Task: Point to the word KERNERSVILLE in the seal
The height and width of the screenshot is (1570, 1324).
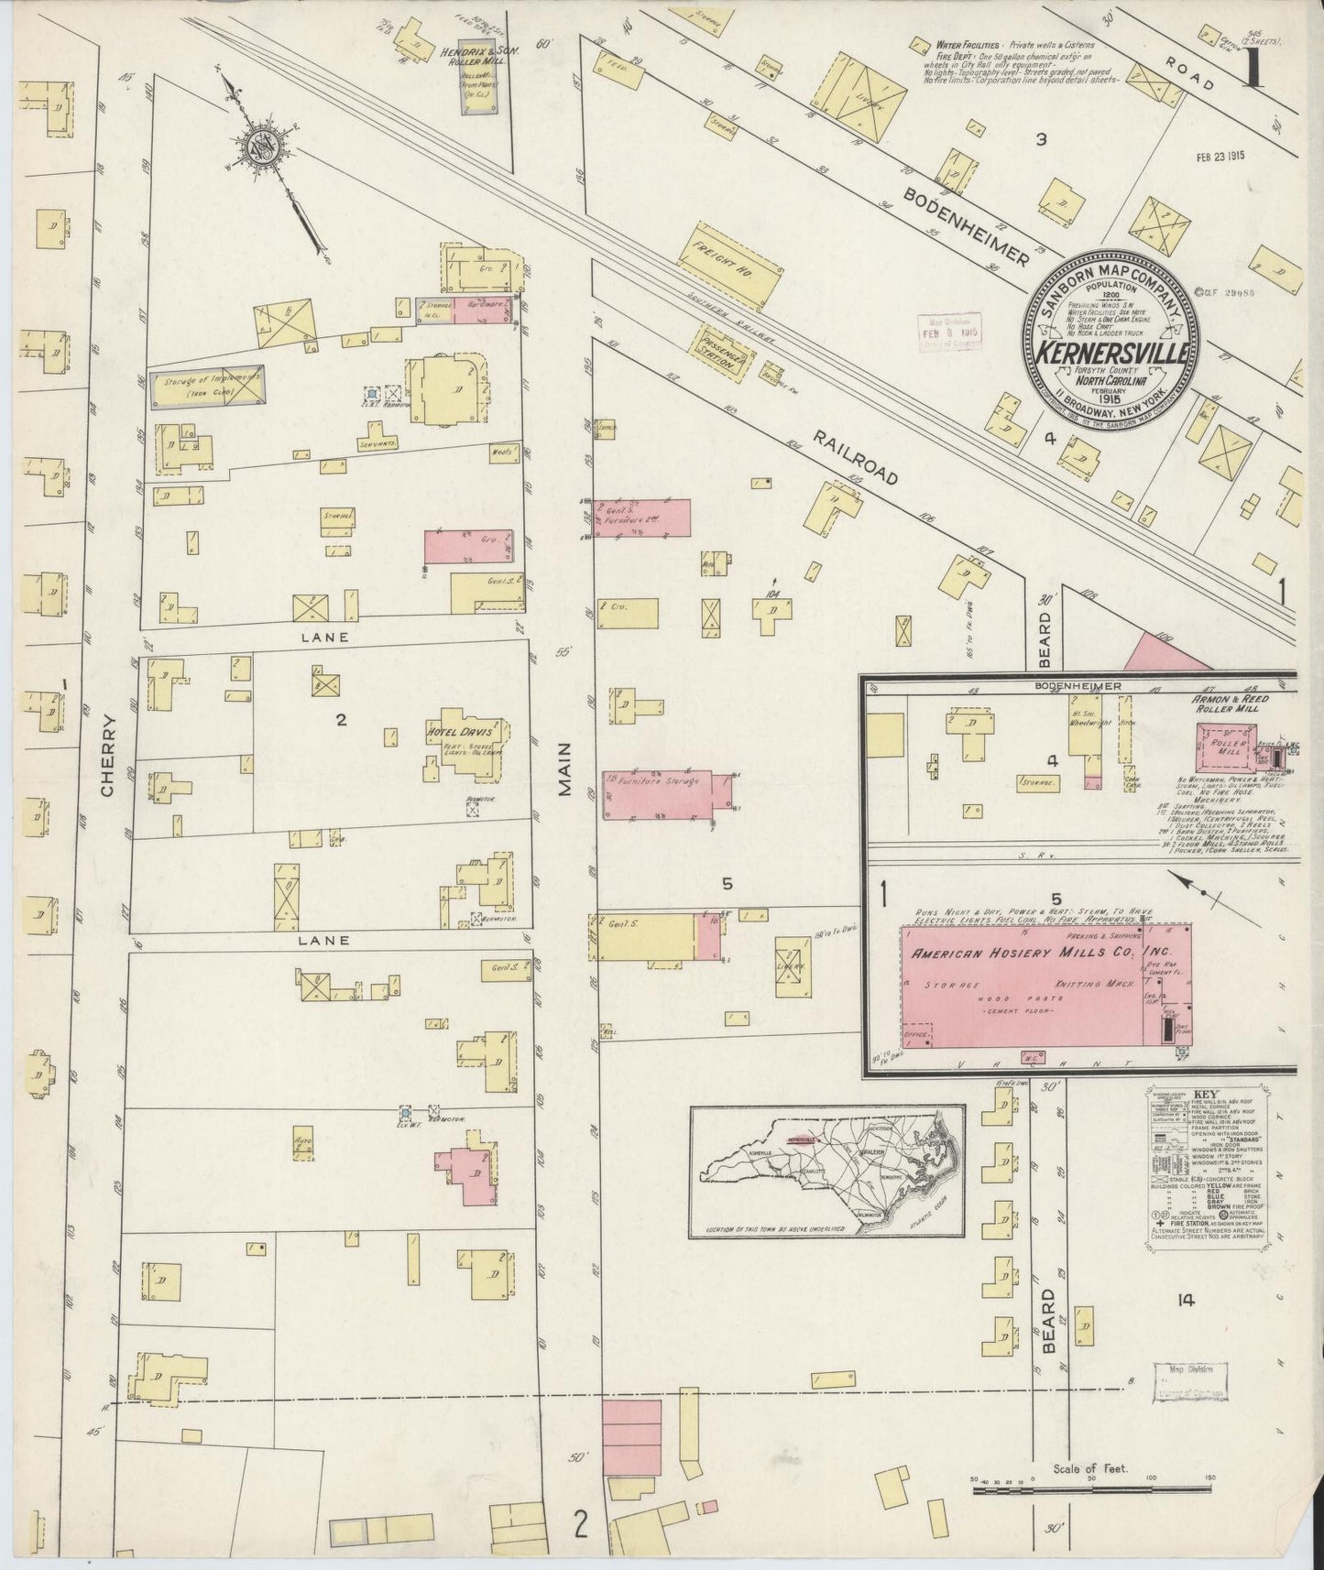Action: pos(1114,353)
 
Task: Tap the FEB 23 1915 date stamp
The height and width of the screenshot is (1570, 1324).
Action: pos(1228,157)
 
